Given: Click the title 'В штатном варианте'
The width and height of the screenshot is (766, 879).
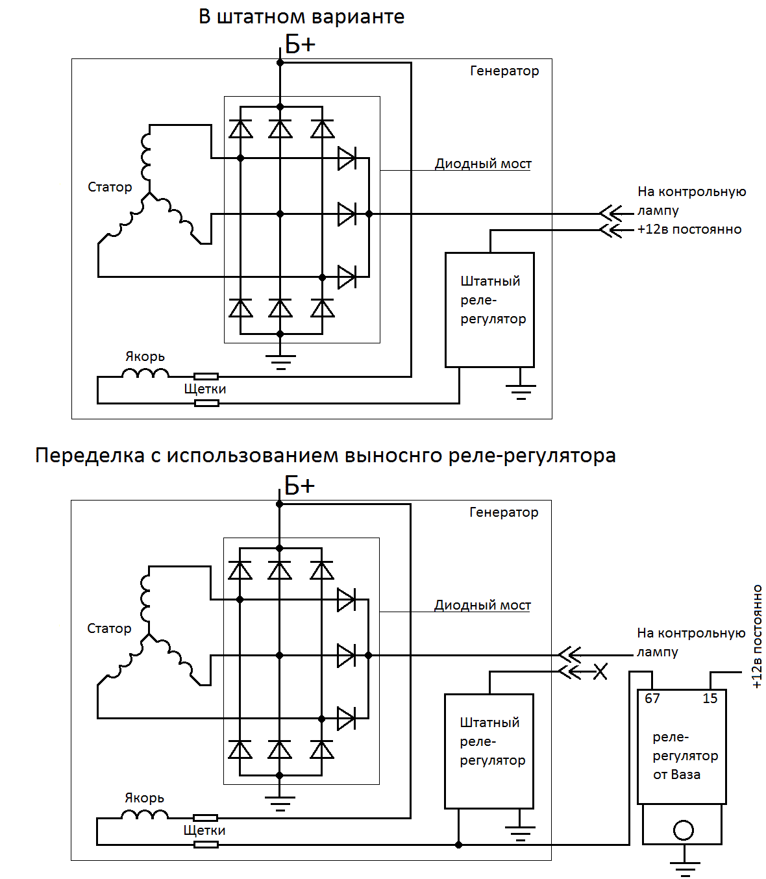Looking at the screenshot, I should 301,17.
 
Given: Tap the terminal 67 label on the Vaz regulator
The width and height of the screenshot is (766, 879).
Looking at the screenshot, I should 652,699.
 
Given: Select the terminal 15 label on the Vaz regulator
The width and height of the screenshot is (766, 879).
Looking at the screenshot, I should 710,699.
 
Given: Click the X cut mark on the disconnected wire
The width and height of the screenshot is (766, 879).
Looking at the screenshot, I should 600,672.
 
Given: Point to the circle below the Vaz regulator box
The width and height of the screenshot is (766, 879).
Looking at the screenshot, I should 684,830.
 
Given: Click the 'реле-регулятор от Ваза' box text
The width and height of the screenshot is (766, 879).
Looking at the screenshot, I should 685,756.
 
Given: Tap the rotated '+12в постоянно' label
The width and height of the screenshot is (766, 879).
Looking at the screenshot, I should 757,636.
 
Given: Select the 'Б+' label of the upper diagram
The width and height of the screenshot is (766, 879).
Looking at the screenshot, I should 300,45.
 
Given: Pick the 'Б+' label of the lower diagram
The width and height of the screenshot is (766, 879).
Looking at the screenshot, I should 299,486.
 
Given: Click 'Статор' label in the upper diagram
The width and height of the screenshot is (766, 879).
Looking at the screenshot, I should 110,187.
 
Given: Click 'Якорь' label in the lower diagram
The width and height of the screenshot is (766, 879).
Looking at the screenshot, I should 144,798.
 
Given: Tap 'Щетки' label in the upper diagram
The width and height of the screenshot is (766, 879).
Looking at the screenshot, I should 205,389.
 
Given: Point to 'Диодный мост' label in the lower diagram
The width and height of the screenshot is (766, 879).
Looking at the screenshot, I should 482,605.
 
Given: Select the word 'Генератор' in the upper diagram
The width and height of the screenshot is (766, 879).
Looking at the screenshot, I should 504,71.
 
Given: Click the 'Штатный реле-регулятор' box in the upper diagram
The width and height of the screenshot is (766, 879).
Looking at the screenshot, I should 490,309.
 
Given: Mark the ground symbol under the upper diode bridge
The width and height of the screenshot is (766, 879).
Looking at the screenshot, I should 280,362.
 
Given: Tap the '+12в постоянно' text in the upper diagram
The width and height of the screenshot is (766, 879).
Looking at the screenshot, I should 689,229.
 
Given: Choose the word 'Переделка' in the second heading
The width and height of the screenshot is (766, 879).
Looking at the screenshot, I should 90,456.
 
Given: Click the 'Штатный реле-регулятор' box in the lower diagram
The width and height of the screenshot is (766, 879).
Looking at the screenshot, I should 489,750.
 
